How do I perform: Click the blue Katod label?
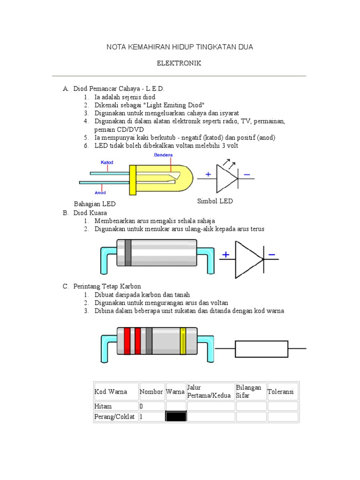click(107, 162)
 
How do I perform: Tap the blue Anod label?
click(100, 192)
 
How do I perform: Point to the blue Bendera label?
click(163, 155)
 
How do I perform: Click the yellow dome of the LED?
click(159, 179)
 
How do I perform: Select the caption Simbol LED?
click(214, 201)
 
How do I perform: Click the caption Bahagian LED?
click(95, 204)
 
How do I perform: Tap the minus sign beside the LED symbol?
click(247, 175)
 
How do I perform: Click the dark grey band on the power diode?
click(127, 253)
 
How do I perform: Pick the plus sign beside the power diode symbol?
click(226, 255)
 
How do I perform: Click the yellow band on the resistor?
click(183, 341)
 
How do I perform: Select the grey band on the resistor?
click(149, 341)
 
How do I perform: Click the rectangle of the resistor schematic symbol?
click(261, 349)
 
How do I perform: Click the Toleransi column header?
click(280, 391)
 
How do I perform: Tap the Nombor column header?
click(151, 391)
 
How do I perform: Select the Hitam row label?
click(103, 406)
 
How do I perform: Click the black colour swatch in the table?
click(176, 417)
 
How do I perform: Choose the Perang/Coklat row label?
click(114, 417)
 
